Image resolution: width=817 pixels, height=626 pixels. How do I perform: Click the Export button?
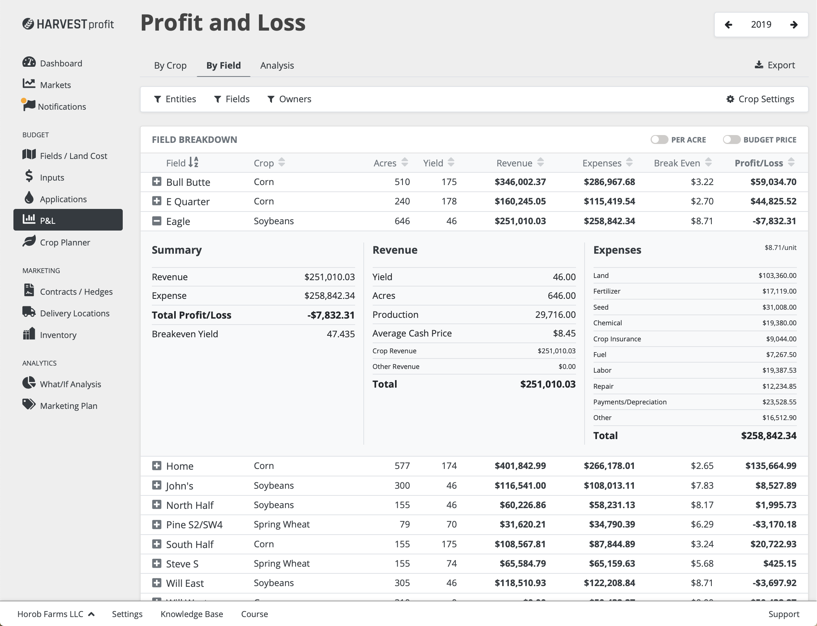[x=775, y=65]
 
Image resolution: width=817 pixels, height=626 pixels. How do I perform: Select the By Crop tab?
[x=170, y=66]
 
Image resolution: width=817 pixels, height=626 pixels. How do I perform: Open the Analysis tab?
[x=277, y=66]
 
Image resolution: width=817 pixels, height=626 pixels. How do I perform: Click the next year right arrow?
[x=794, y=25]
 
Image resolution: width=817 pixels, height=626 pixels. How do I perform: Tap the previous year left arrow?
[x=728, y=25]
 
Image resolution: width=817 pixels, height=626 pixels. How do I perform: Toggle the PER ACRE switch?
[x=659, y=140]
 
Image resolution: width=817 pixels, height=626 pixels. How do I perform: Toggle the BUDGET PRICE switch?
[x=731, y=140]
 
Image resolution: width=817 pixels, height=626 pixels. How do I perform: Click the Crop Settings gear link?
[x=760, y=99]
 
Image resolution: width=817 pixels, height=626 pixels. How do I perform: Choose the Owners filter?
[x=289, y=99]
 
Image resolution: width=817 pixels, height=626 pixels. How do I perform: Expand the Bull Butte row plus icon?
[x=157, y=182]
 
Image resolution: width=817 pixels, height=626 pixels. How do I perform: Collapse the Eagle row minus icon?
[x=157, y=221]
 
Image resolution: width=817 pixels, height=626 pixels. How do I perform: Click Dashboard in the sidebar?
[x=61, y=63]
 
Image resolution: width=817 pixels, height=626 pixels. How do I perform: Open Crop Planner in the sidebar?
[x=65, y=242]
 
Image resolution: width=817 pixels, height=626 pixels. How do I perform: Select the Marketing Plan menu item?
[x=68, y=406]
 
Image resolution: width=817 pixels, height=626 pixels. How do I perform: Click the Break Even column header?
[x=677, y=163]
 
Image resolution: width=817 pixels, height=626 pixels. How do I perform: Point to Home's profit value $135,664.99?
[x=770, y=466]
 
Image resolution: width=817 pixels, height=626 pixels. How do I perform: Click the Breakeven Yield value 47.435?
[x=341, y=334]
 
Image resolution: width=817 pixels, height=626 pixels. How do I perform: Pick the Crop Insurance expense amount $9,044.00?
[x=781, y=339]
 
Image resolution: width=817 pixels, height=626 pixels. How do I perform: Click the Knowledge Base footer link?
[x=192, y=614]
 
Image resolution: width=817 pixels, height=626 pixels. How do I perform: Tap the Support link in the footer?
[x=783, y=614]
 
